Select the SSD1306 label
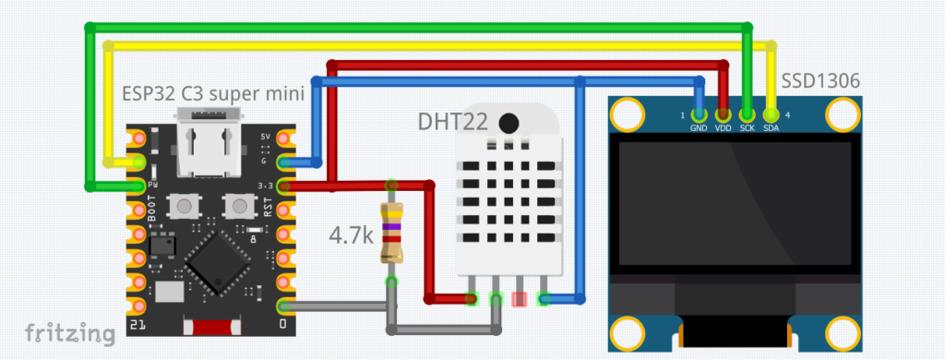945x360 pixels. click(x=821, y=81)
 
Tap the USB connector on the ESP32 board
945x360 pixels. click(x=207, y=145)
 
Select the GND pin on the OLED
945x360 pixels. click(x=699, y=114)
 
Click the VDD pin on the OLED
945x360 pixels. click(x=723, y=114)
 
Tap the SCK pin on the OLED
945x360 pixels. click(x=747, y=114)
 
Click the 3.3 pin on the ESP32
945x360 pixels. click(x=283, y=186)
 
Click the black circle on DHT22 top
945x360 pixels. click(x=508, y=123)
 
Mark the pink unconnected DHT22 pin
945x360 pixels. click(x=520, y=298)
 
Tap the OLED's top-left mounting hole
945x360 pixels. click(x=628, y=114)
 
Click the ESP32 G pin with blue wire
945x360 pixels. click(x=283, y=163)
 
